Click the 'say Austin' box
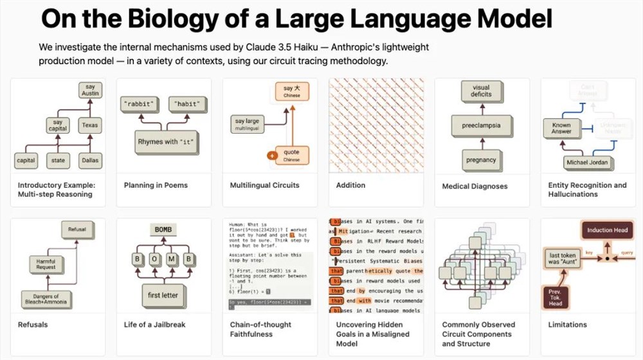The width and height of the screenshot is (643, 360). (x=89, y=90)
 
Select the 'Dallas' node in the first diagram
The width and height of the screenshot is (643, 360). (x=89, y=160)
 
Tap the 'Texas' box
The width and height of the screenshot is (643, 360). (x=89, y=125)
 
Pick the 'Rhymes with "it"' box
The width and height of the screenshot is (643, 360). (x=165, y=141)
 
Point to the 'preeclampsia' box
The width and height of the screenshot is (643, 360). (x=481, y=125)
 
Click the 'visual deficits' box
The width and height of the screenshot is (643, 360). (x=482, y=91)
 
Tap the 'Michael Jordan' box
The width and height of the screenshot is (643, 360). (x=586, y=163)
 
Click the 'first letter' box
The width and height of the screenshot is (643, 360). (x=163, y=295)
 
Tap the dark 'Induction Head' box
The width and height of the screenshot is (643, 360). (x=608, y=230)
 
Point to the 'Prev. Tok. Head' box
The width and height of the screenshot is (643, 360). (x=554, y=297)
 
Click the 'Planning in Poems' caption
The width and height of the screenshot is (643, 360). (x=156, y=185)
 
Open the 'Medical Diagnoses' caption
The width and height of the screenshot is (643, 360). (x=475, y=186)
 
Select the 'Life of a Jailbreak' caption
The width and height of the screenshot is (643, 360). (x=154, y=325)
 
